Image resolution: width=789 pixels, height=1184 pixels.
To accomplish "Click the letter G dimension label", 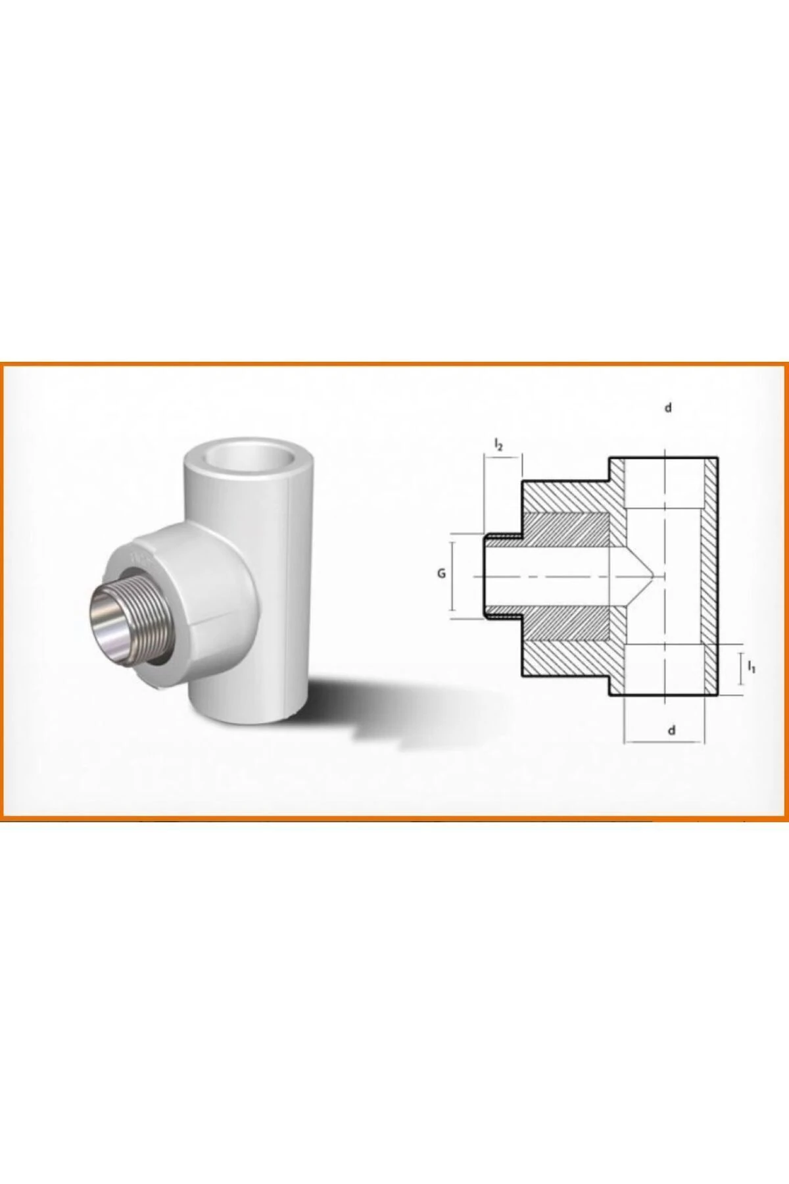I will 442,574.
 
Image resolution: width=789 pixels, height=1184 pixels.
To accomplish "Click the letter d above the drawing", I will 669,408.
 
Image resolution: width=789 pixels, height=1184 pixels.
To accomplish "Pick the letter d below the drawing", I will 671,729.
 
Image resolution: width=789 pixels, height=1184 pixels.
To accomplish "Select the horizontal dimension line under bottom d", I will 660,742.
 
